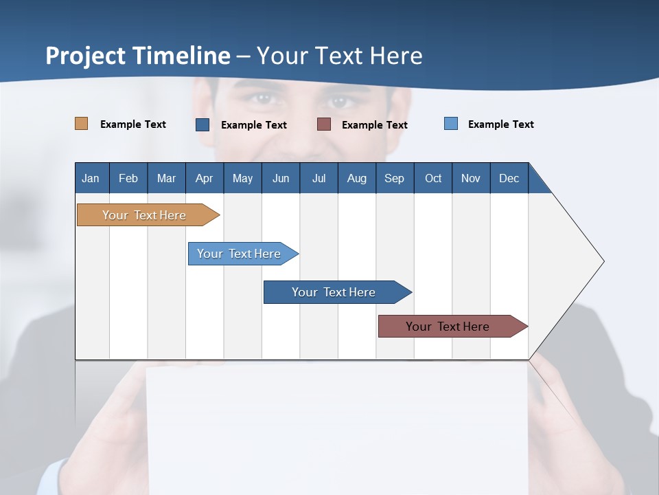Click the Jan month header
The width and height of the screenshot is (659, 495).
click(91, 178)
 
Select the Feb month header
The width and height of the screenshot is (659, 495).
click(128, 178)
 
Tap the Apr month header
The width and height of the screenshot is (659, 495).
click(204, 178)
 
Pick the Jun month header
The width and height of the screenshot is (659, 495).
click(281, 178)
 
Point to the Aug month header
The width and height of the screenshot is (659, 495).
click(356, 178)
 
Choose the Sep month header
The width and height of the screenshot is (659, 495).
click(394, 178)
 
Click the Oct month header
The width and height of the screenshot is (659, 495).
click(433, 178)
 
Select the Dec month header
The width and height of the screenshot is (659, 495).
click(509, 178)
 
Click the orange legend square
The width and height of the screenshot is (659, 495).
click(82, 124)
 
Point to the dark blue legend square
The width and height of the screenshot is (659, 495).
click(203, 124)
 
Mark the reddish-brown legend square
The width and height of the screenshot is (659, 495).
click(324, 124)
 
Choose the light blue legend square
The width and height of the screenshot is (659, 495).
click(451, 124)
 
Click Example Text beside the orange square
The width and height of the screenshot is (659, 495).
click(133, 124)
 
